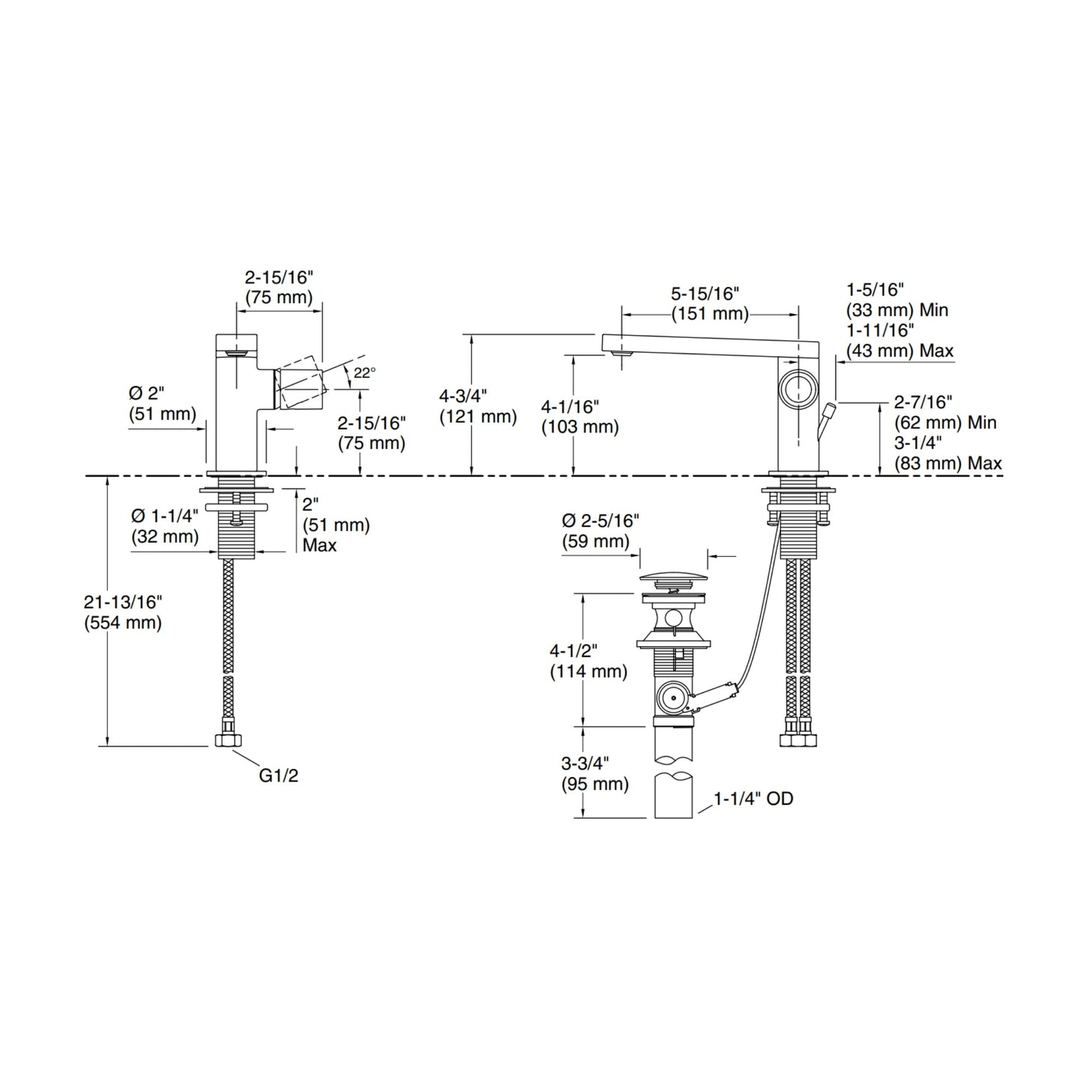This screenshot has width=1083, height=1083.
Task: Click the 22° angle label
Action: click(x=365, y=372)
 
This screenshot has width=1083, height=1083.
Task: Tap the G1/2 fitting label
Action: click(x=279, y=776)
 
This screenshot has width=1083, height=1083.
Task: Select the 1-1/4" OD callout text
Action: click(x=753, y=800)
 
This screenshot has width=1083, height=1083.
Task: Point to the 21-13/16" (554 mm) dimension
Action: click(x=124, y=612)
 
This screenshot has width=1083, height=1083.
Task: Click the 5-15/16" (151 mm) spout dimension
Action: click(x=710, y=304)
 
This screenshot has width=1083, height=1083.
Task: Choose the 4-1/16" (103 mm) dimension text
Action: click(x=580, y=417)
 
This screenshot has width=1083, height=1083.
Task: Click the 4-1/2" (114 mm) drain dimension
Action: click(x=588, y=661)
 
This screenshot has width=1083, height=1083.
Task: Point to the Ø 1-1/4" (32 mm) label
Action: click(x=165, y=526)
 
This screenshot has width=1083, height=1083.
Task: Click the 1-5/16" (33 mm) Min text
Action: click(x=897, y=299)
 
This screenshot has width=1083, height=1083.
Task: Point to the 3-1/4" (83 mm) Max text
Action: click(x=947, y=453)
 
